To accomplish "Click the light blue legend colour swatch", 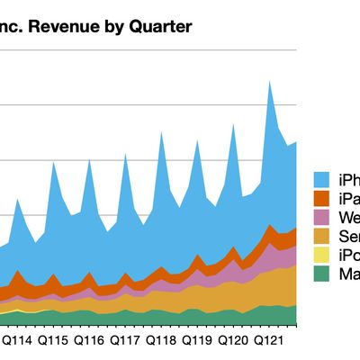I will pyautogui.click(x=323, y=178).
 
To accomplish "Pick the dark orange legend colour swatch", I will pyautogui.click(x=323, y=198).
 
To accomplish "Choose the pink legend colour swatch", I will pyautogui.click(x=323, y=218).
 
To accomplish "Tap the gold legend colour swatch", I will pyautogui.click(x=323, y=237).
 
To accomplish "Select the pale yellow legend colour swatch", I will pyautogui.click(x=323, y=256).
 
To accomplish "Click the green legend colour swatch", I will pyautogui.click(x=323, y=275).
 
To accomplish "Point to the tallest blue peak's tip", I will pyautogui.click(x=269, y=81).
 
